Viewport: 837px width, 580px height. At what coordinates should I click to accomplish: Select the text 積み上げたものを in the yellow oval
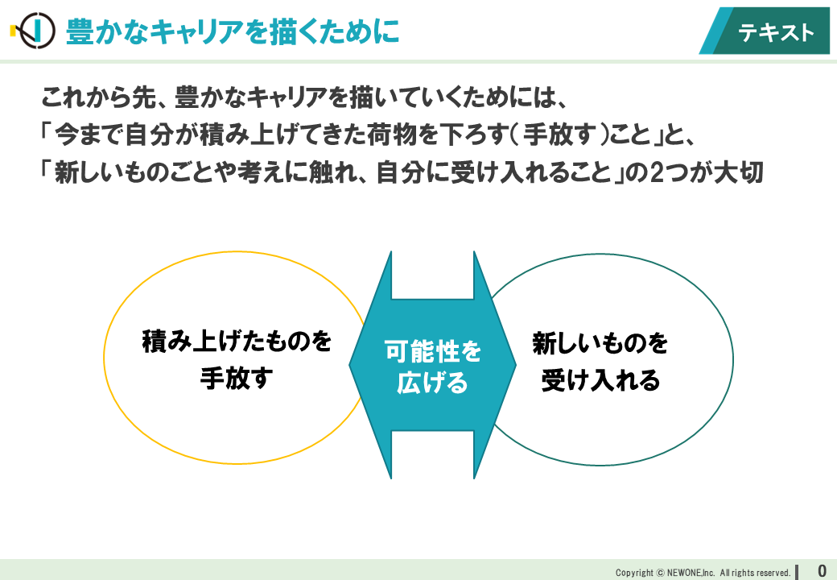pos(237,342)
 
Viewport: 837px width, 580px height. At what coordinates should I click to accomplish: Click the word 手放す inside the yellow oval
pos(237,378)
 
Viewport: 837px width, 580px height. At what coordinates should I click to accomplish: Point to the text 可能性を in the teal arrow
pos(433,351)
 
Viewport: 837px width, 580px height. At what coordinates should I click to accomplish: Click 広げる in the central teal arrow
pos(433,383)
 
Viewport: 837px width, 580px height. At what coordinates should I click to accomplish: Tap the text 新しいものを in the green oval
pos(600,344)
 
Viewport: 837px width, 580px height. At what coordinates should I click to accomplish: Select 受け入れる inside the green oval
pos(600,379)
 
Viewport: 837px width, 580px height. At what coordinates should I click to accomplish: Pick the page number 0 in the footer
pos(822,570)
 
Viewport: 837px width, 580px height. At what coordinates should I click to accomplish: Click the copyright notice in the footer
pos(703,573)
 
